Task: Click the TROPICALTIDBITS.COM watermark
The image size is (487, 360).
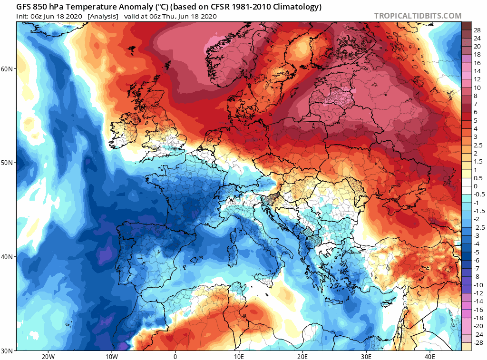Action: pyautogui.click(x=418, y=16)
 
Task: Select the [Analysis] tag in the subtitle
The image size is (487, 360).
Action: pyautogui.click(x=103, y=16)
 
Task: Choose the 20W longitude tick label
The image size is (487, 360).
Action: pyautogui.click(x=48, y=357)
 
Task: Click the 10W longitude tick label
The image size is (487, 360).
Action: pyautogui.click(x=111, y=357)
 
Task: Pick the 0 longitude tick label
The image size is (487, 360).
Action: pyautogui.click(x=175, y=357)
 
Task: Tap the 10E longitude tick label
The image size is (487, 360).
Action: pyautogui.click(x=239, y=357)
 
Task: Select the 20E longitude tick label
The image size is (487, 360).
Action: pyautogui.click(x=302, y=357)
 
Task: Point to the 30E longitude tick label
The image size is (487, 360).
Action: pyautogui.click(x=366, y=357)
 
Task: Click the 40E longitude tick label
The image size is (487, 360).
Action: pyautogui.click(x=430, y=357)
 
